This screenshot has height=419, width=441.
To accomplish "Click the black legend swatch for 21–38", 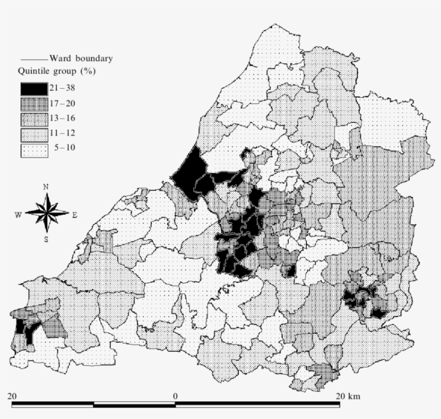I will pyautogui.click(x=34, y=89).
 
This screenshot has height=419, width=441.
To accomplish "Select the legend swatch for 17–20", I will pyautogui.click(x=34, y=104).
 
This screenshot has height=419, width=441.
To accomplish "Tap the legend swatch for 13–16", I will pyautogui.click(x=34, y=119).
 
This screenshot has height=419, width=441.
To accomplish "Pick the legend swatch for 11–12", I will pyautogui.click(x=34, y=134).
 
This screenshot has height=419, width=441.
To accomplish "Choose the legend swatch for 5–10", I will pyautogui.click(x=34, y=150).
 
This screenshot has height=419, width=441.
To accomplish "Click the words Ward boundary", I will pyautogui.click(x=81, y=59).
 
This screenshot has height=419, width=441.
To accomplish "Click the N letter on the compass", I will pyautogui.click(x=46, y=187).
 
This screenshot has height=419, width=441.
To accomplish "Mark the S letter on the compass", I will pyautogui.click(x=46, y=239).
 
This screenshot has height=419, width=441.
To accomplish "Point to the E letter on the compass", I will pyautogui.click(x=74, y=215).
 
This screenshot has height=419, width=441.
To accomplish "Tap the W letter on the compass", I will pyautogui.click(x=19, y=215).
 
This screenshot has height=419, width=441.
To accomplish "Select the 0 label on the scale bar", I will pyautogui.click(x=175, y=396).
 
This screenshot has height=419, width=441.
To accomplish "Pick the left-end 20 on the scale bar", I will pyautogui.click(x=13, y=396).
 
